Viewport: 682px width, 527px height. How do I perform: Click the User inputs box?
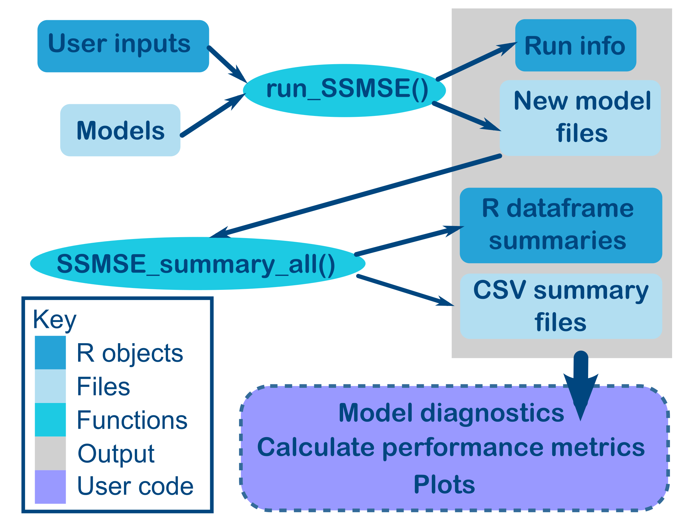click(123, 46)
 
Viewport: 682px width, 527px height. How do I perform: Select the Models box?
click(120, 130)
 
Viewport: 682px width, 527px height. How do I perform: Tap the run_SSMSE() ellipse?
click(344, 91)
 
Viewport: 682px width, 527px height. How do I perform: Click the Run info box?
click(575, 46)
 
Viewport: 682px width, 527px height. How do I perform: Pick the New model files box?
click(580, 118)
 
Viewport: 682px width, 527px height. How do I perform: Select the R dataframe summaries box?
click(561, 225)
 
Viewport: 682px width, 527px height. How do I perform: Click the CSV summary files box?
click(561, 306)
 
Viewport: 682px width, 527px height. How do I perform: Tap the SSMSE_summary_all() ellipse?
click(197, 263)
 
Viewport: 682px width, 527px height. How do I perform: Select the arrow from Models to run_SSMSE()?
click(212, 115)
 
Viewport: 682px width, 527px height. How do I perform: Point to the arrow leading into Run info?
click(475, 61)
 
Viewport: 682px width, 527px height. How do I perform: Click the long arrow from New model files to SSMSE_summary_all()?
click(356, 196)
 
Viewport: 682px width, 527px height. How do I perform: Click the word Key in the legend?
click(54, 319)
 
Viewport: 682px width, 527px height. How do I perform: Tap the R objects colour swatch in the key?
click(50, 352)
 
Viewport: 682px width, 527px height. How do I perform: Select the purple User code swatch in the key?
click(50, 487)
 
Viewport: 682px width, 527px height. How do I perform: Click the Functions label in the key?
click(132, 420)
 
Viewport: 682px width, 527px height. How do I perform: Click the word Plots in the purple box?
click(444, 484)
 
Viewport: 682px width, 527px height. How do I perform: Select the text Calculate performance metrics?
click(451, 447)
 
